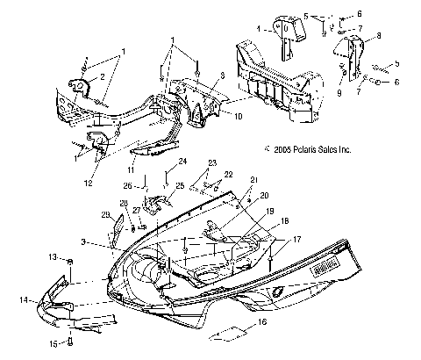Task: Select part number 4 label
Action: [x=257, y=28]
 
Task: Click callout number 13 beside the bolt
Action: [x=52, y=256]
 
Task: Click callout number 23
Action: [x=211, y=163]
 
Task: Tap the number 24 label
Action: [x=183, y=162]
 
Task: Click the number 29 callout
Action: [x=105, y=215]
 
